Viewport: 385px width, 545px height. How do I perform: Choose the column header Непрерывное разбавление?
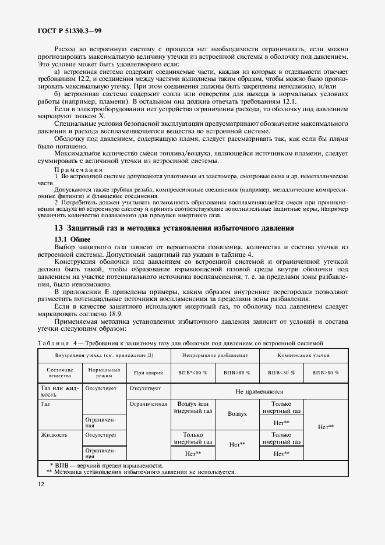click(214, 355)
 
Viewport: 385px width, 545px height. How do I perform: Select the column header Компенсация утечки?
click(303, 355)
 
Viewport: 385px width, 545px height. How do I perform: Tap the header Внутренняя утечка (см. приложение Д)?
click(104, 355)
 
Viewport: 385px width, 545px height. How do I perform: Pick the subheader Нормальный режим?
click(104, 373)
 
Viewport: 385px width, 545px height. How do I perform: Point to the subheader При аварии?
click(147, 373)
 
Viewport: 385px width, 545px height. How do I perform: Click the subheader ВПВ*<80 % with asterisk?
click(192, 373)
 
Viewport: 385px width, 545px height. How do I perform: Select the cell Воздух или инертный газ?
click(192, 408)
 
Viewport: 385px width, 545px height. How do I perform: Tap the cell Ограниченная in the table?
click(148, 403)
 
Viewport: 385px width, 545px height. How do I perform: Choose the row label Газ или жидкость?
click(57, 390)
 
